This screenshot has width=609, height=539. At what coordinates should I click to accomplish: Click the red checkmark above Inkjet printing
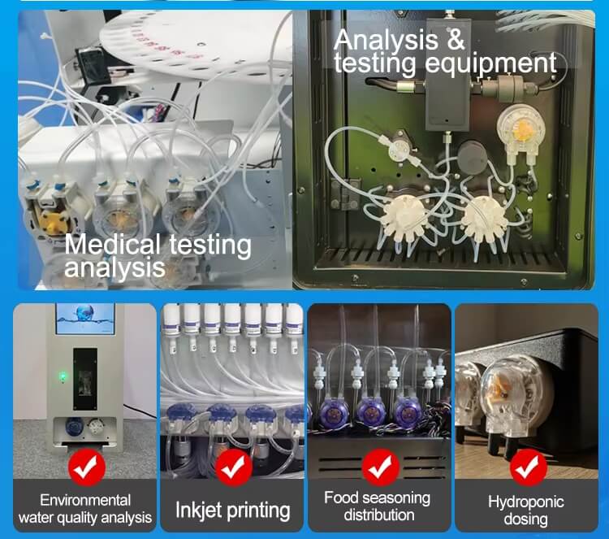pyautogui.click(x=233, y=467)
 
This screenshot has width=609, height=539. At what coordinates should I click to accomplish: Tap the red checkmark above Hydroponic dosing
pyautogui.click(x=529, y=467)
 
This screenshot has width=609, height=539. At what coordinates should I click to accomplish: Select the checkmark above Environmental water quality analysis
pyautogui.click(x=87, y=467)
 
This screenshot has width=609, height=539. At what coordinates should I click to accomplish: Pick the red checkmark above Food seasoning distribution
pyautogui.click(x=380, y=467)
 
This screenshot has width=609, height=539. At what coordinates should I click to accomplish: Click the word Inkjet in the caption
pyautogui.click(x=200, y=511)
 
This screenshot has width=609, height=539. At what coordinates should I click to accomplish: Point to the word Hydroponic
pyautogui.click(x=526, y=502)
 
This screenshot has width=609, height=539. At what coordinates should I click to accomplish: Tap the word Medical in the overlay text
pyautogui.click(x=112, y=245)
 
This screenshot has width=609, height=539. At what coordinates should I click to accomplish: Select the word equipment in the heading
pyautogui.click(x=491, y=63)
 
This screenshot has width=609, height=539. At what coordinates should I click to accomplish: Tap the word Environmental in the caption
pyautogui.click(x=85, y=500)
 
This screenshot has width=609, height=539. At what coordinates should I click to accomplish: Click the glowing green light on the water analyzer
pyautogui.click(x=63, y=376)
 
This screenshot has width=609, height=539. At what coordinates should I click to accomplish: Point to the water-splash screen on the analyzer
pyautogui.click(x=85, y=319)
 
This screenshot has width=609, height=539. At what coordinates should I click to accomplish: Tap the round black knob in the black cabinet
pyautogui.click(x=473, y=155)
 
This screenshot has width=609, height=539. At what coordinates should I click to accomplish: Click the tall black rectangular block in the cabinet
pyautogui.click(x=447, y=74)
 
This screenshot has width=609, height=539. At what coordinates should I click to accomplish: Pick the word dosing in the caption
pyautogui.click(x=526, y=519)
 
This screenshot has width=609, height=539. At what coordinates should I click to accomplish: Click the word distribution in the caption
pyautogui.click(x=379, y=515)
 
